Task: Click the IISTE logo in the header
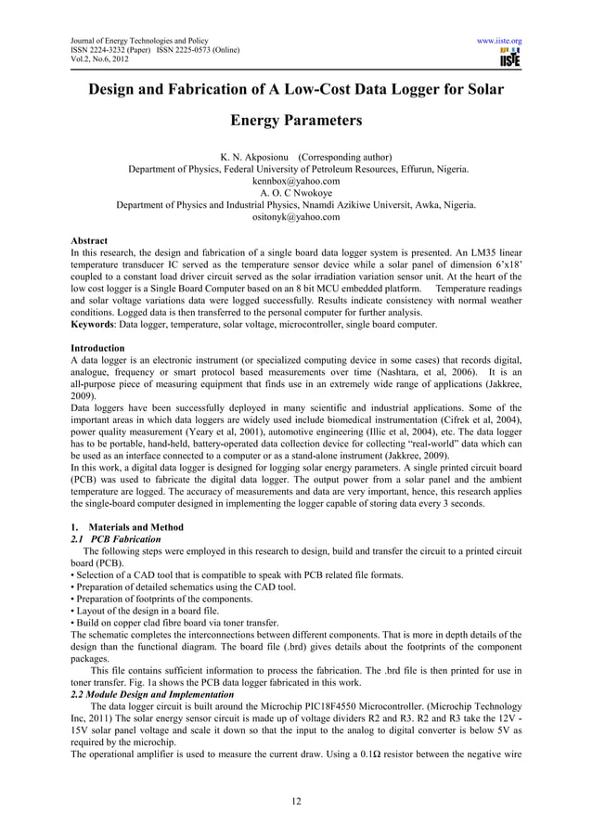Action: (x=509, y=59)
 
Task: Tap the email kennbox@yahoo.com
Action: (x=296, y=182)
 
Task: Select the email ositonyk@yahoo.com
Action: (x=296, y=217)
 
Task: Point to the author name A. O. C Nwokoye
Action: (x=296, y=194)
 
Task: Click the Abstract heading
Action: (x=92, y=240)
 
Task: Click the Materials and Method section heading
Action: (x=124, y=527)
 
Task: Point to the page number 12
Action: (x=296, y=802)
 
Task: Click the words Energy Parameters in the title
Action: (x=296, y=122)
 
